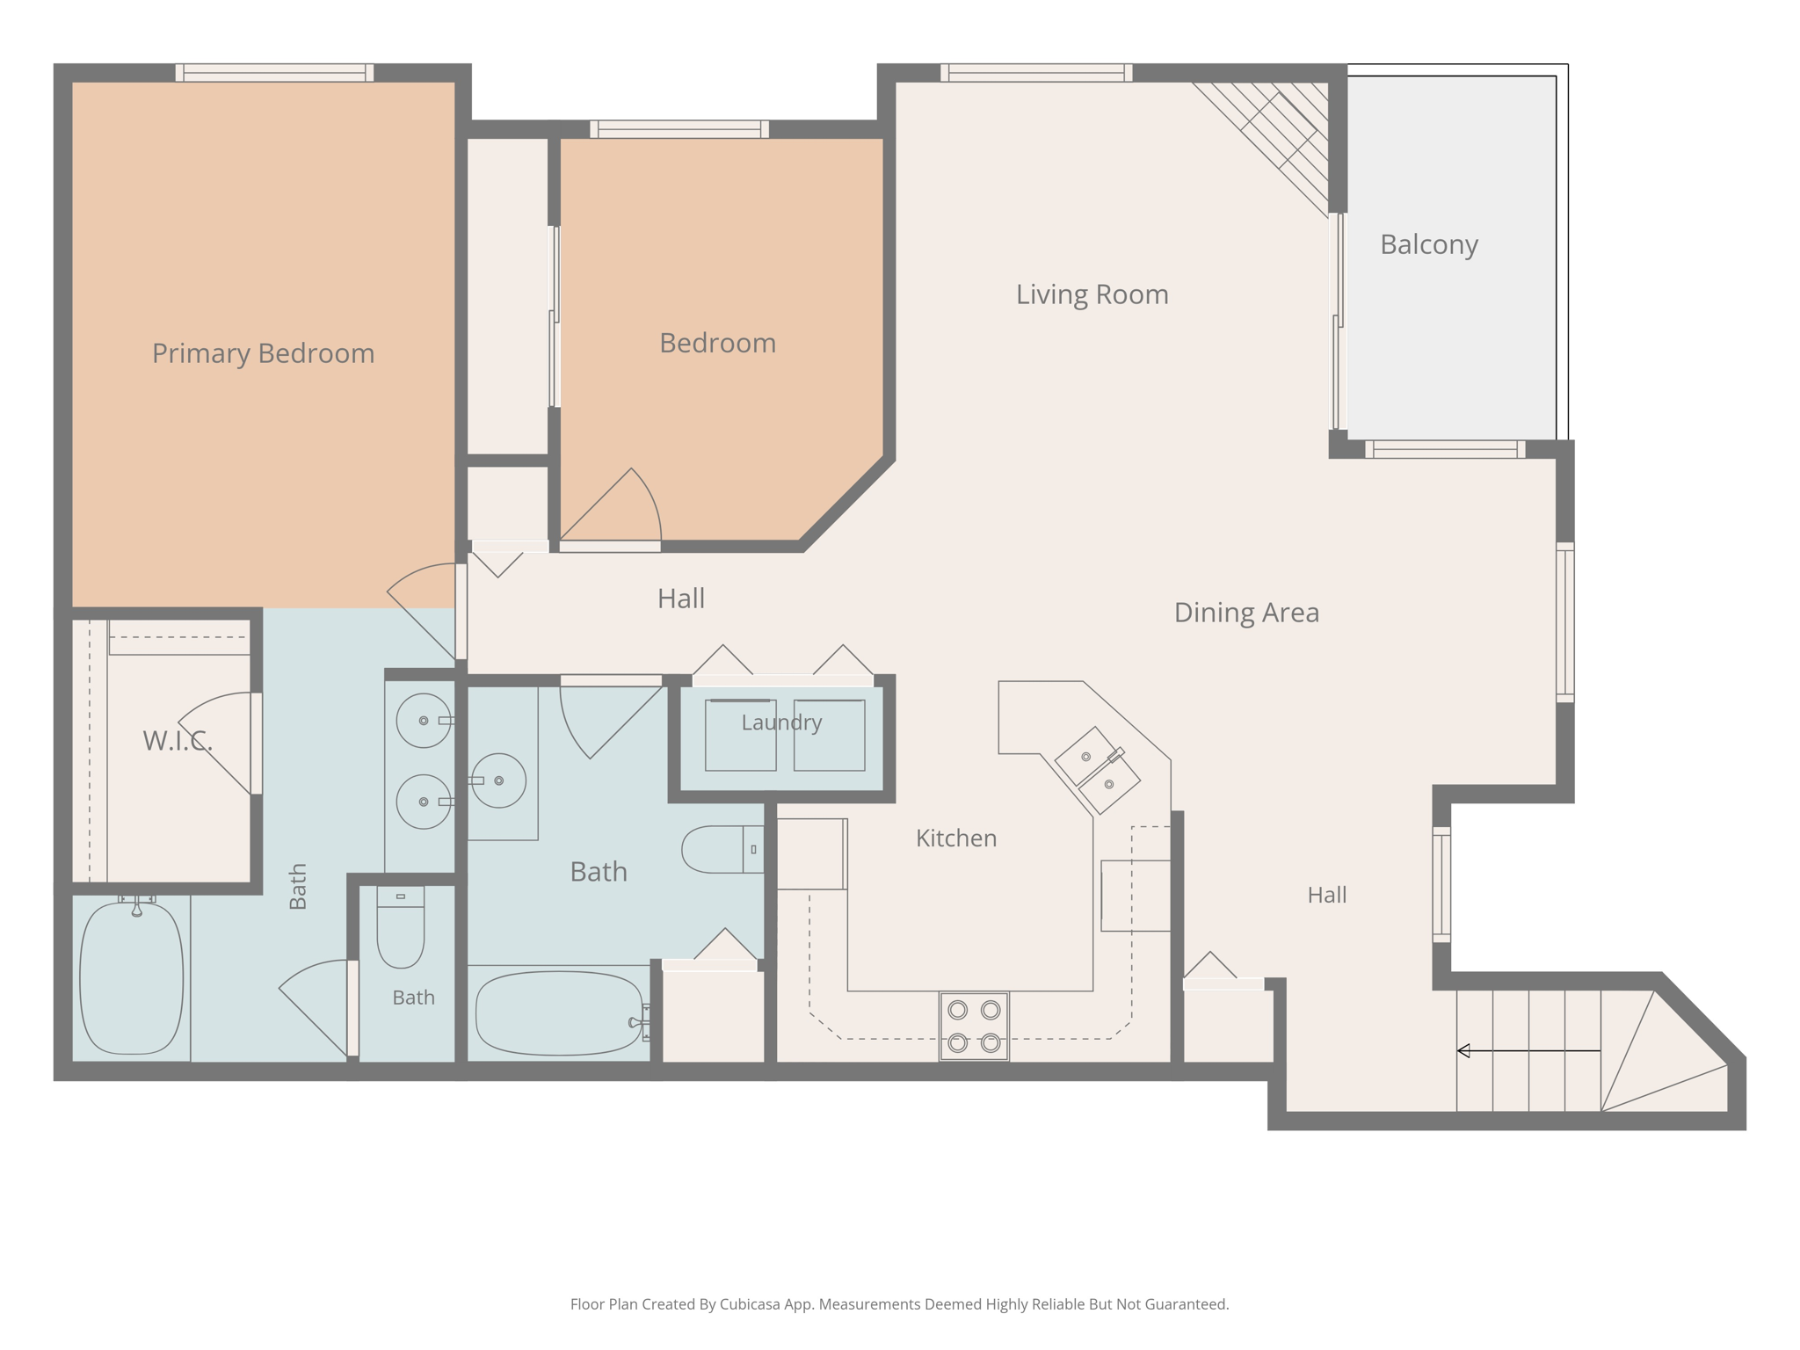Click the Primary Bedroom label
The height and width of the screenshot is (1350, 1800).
(263, 353)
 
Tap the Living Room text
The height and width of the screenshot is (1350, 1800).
(1092, 294)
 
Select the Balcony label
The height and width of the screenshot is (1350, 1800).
(1429, 244)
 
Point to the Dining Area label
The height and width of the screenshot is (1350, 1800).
(1246, 613)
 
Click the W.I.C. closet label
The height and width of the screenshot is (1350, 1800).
(178, 741)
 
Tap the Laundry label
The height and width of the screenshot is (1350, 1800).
(781, 722)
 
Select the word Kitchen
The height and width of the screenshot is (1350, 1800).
(956, 838)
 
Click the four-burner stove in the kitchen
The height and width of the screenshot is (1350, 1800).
(974, 1027)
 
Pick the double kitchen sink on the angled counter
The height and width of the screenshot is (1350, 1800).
(1098, 770)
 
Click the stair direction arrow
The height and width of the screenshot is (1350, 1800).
(1528, 1050)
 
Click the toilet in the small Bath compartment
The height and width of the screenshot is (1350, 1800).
(401, 927)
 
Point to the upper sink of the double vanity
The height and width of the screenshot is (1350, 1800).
(424, 721)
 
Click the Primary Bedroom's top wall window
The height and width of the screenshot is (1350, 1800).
(274, 73)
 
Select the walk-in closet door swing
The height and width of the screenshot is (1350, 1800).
(215, 744)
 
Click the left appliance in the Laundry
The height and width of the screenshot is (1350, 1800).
(740, 736)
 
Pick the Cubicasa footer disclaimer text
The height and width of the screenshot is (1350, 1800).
(899, 1304)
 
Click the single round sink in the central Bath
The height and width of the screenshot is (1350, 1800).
(498, 780)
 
